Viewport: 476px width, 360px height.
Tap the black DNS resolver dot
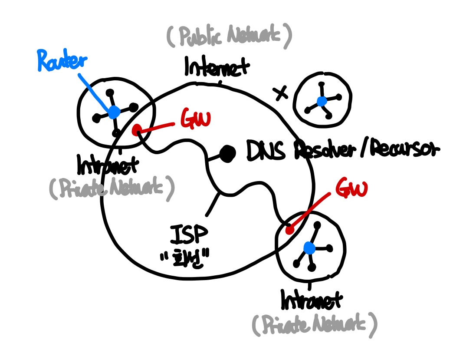227,152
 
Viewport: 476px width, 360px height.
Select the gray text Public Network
229,38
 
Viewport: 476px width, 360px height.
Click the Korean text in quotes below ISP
185,259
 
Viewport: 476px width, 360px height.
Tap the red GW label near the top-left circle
195,122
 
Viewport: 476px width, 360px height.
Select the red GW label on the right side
351,189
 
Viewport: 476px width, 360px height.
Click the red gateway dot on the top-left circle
137,130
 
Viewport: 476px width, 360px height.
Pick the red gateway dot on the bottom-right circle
289,230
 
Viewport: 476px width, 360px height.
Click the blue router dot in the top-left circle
114,112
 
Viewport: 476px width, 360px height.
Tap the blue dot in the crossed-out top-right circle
322,101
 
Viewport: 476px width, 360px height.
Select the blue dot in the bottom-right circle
309,248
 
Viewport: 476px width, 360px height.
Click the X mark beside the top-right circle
281,92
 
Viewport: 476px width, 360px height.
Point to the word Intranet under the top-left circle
108,165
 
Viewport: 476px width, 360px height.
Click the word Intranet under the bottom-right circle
312,300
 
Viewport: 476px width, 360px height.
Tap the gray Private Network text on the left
112,189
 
